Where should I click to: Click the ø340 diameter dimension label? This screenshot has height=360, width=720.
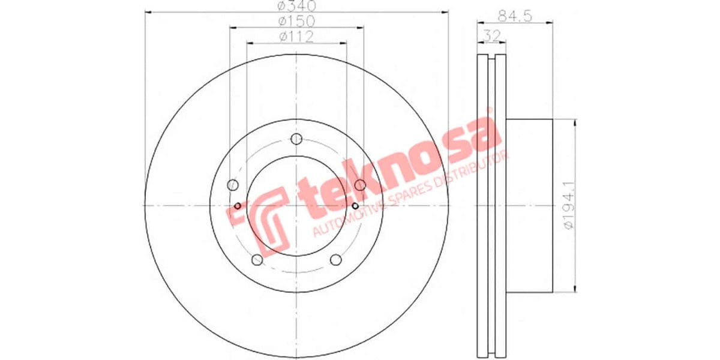pyautogui.click(x=296, y=7)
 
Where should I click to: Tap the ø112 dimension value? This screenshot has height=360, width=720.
pyautogui.click(x=296, y=37)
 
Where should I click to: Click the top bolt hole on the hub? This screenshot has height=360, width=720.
pyautogui.click(x=296, y=139)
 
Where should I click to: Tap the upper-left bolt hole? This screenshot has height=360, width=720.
pyautogui.click(x=234, y=185)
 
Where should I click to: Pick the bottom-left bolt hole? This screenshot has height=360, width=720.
pyautogui.click(x=257, y=259)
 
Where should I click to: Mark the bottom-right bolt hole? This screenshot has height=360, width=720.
pyautogui.click(x=336, y=259)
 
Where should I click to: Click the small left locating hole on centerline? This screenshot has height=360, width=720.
pyautogui.click(x=238, y=206)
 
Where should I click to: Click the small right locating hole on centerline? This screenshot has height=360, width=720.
pyautogui.click(x=355, y=206)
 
